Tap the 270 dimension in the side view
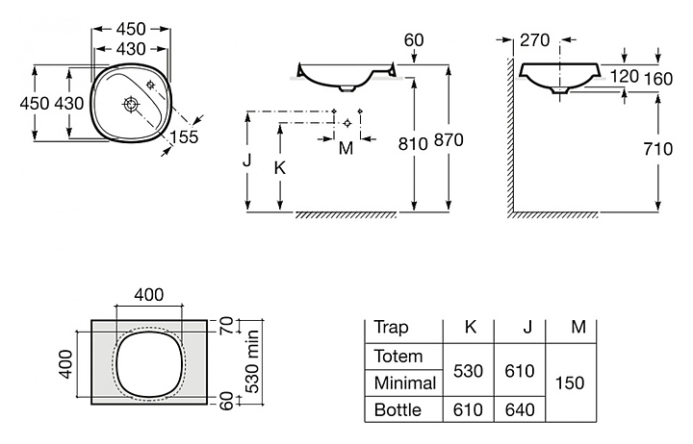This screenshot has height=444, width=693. (534, 40)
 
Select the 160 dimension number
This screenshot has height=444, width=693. (658, 76)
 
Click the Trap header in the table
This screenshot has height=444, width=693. (391, 327)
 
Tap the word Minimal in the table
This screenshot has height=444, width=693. (404, 383)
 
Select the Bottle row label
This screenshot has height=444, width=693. (398, 410)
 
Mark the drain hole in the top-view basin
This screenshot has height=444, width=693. (131, 103)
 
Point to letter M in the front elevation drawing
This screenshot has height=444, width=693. (346, 147)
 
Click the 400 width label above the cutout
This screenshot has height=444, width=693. (148, 294)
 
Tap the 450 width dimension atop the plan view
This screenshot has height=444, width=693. (131, 28)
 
